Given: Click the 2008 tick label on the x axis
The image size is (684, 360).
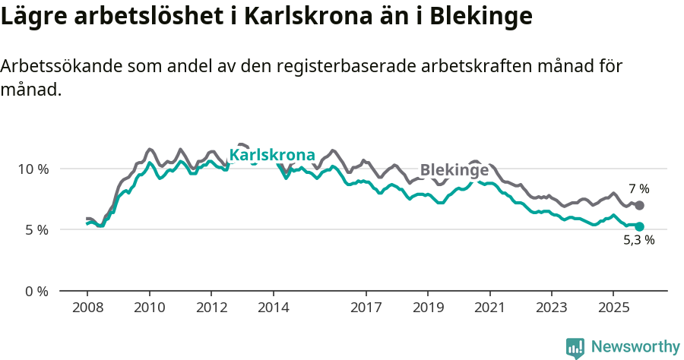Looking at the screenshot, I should point(87,308).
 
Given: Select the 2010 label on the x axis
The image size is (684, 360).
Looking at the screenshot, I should point(149,308).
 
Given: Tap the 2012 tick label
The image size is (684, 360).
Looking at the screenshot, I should point(211,308).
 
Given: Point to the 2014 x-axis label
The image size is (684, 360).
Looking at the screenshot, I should point(273,308).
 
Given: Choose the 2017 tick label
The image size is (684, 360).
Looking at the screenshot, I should point(366,308).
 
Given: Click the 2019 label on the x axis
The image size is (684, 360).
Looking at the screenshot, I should point(428,308).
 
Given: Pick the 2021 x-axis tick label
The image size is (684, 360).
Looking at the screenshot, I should point(490,308).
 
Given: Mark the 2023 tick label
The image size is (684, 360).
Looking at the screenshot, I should point(552,308).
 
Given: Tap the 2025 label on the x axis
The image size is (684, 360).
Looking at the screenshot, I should point(613,308).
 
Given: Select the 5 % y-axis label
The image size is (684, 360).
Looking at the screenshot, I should point(36,229).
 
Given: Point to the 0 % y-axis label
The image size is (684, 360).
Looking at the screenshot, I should point(36,291).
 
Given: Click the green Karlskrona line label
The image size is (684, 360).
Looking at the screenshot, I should point(272,155).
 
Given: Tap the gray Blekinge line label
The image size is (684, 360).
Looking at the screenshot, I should point(454,170).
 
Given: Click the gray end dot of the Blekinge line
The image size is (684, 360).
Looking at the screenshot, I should point(639,206).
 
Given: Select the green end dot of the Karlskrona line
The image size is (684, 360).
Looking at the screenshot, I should point(639,226).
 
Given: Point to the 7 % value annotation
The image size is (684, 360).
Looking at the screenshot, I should point(638,189).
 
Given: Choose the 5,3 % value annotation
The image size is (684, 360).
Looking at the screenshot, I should point(638,241).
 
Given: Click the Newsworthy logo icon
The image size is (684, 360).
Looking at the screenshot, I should point(575,347).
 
